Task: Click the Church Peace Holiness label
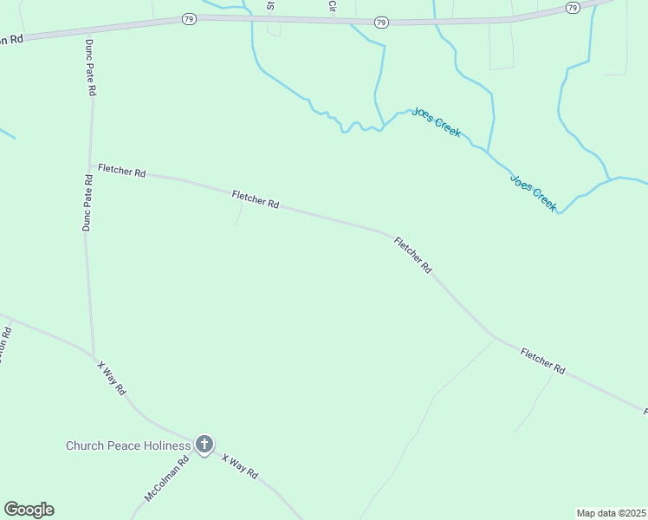pos(128,445)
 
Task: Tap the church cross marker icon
pos(204,445)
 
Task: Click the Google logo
pos(29,510)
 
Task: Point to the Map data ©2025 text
pos(611,513)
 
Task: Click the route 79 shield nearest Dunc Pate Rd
pos(190,17)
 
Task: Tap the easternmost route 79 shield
pos(572,8)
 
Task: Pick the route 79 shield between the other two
pos(381,21)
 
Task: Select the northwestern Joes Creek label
pos(437,122)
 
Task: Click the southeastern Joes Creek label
pos(533,193)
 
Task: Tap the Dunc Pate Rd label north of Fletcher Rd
pos(90,68)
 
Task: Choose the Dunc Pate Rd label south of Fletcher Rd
pos(87,203)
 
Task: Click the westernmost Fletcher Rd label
pos(121,170)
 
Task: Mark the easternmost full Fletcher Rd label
pos(543,361)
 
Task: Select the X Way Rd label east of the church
pos(240,467)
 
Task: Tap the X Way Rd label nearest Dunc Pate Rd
pos(112,379)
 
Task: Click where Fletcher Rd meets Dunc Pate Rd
pos(90,166)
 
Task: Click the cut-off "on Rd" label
pos(10,40)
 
